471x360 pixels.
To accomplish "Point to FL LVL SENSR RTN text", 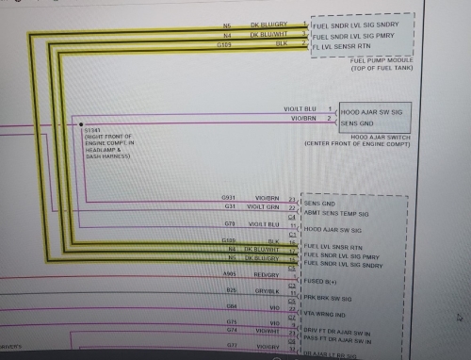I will tap(347, 44).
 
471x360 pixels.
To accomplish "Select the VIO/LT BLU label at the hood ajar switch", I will tap(300, 109).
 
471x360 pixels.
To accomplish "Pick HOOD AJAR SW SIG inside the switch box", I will tap(375, 110).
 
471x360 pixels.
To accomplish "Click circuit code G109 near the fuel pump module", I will tap(224, 43).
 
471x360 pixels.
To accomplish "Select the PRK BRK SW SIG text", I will tap(338, 298).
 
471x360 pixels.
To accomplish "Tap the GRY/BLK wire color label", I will tap(264, 291).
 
